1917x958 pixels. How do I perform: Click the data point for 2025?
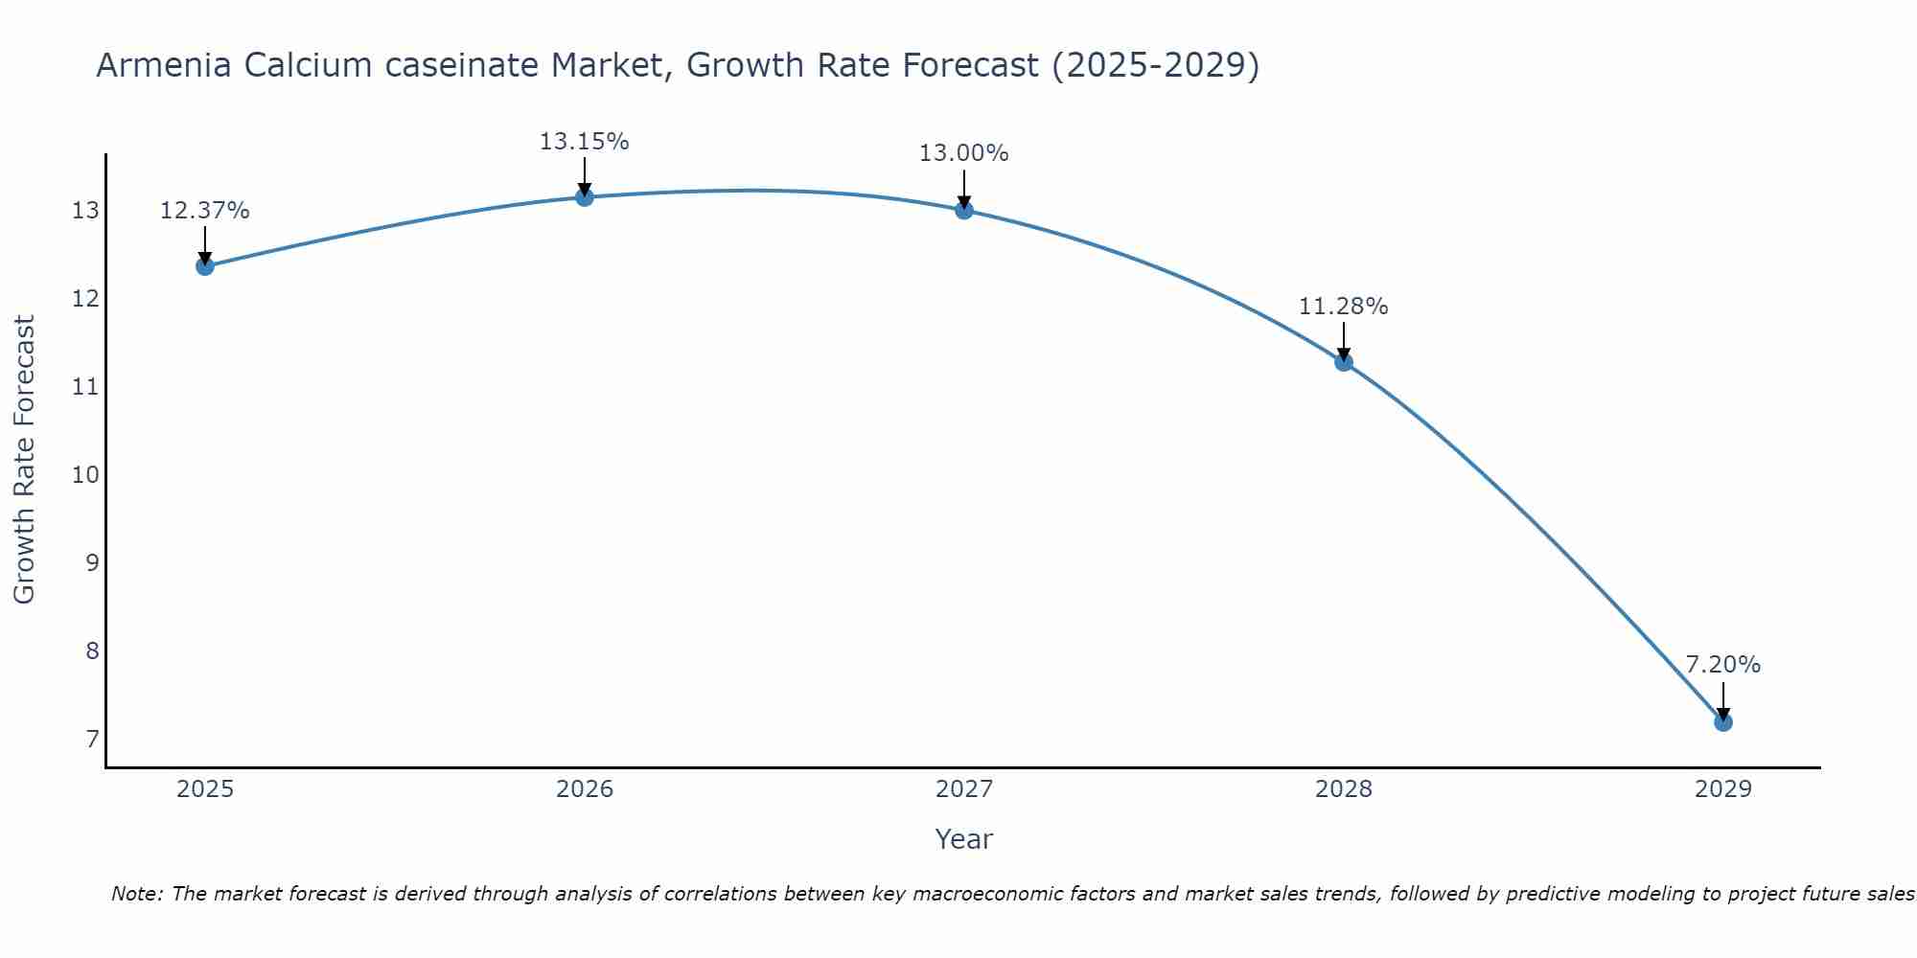[204, 266]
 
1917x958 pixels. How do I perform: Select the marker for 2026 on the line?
[585, 197]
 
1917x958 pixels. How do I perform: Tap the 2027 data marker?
[964, 210]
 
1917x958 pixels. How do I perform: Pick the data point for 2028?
[1344, 362]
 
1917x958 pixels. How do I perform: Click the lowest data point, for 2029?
[1722, 722]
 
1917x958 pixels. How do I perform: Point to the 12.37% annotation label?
[204, 211]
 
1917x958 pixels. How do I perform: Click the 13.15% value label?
[584, 142]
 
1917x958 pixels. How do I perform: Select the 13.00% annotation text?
[963, 153]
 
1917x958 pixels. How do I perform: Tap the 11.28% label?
[1343, 307]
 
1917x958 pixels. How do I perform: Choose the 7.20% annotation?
[1722, 665]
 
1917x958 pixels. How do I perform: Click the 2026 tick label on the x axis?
[585, 789]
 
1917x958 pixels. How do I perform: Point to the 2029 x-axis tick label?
[1722, 789]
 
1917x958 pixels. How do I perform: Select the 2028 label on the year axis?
[1344, 789]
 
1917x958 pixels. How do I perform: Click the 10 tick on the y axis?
[85, 475]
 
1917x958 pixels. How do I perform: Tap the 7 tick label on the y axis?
[92, 740]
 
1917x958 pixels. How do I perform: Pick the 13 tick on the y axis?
[85, 211]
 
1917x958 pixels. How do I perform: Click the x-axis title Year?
[963, 839]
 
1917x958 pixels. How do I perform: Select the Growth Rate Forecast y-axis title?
[25, 460]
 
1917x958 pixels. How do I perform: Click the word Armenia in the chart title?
[164, 65]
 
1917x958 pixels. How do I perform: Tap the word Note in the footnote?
[136, 894]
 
